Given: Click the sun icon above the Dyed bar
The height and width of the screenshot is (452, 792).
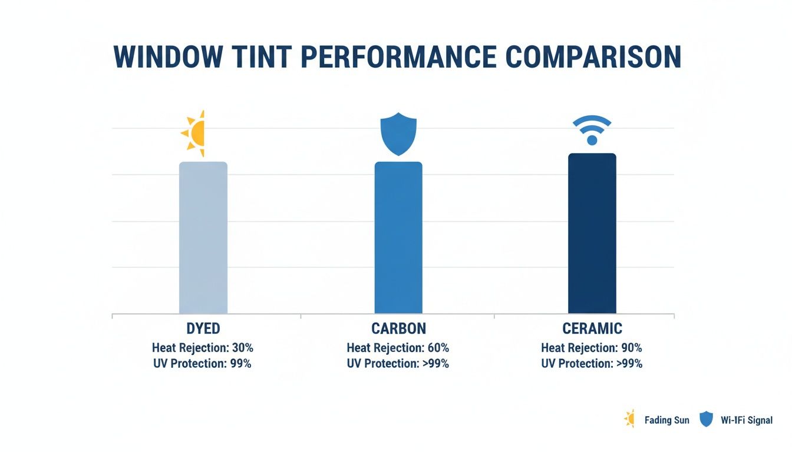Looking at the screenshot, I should click(194, 133).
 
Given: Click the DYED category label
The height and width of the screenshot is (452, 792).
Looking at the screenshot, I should click(203, 329).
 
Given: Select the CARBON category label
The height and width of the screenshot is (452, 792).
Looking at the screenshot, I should click(398, 329).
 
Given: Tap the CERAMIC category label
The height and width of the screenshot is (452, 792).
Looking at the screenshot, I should click(592, 329).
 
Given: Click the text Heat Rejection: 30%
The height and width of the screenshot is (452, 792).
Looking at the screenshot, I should click(203, 348).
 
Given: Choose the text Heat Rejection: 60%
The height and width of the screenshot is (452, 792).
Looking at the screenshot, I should click(398, 348).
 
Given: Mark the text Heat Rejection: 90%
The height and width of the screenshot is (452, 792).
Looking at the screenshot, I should click(592, 348).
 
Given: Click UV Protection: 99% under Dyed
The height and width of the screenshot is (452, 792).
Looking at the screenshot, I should click(203, 364).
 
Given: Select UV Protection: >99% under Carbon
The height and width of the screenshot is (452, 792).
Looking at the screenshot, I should click(398, 364).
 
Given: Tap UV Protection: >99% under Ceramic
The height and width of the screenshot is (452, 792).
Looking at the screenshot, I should click(592, 364).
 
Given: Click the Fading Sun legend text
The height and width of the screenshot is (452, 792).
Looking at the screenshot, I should click(666, 420).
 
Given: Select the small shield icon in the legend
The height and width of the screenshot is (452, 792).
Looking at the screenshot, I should click(705, 420).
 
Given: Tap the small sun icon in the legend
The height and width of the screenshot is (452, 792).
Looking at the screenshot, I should click(629, 419).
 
